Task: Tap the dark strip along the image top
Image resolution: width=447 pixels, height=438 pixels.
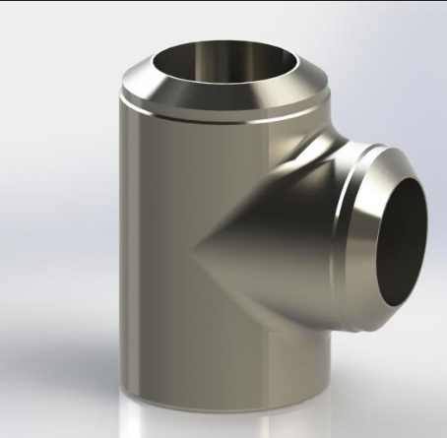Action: pos(223,3)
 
